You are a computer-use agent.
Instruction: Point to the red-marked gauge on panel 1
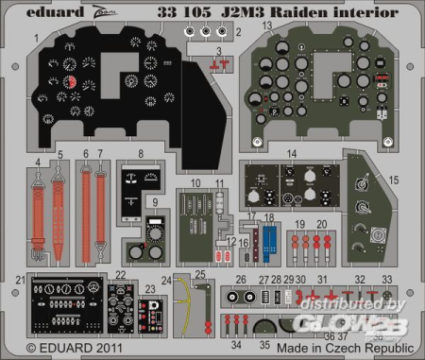click(71, 82)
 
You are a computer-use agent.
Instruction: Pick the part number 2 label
click(238, 31)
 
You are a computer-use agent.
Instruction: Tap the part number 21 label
click(20, 280)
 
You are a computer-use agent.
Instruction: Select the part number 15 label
click(395, 179)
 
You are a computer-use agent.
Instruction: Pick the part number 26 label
click(242, 280)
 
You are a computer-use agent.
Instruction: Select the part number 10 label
click(195, 182)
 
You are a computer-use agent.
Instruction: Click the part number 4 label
click(38, 162)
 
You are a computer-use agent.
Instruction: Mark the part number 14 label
click(294, 153)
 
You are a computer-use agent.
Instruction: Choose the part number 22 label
click(121, 275)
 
